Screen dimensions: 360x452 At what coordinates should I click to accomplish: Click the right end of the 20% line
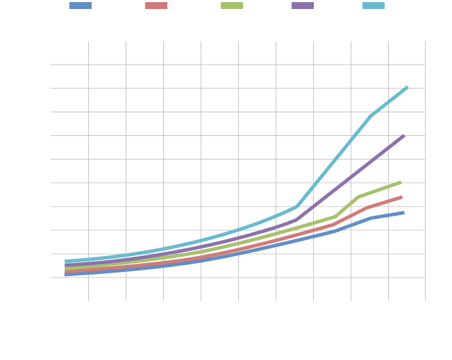point(407,87)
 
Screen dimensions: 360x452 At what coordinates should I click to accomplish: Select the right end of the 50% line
point(403,136)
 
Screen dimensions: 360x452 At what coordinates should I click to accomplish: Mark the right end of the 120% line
point(403,212)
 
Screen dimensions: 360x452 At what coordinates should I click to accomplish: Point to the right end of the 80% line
point(401,182)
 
